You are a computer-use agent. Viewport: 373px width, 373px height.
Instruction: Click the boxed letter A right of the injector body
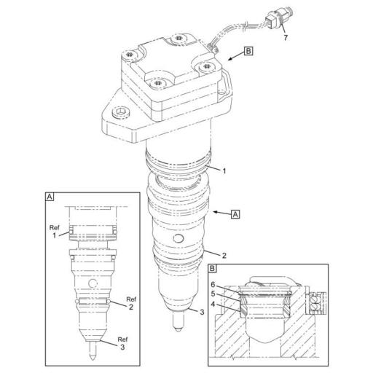[x=235, y=213]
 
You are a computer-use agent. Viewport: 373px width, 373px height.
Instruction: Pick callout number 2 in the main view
[x=224, y=256]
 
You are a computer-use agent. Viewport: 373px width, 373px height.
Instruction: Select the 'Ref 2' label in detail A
[x=131, y=303]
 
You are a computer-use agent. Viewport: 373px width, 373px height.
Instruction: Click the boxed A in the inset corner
[x=50, y=197]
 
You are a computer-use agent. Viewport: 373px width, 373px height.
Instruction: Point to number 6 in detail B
[x=213, y=284]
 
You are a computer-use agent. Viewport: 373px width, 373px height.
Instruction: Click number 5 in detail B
[x=213, y=294]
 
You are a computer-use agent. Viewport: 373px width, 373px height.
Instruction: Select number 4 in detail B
[x=213, y=305]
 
